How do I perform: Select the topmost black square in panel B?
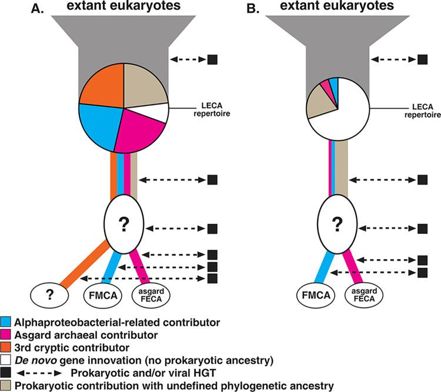pyautogui.click(x=422, y=59)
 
